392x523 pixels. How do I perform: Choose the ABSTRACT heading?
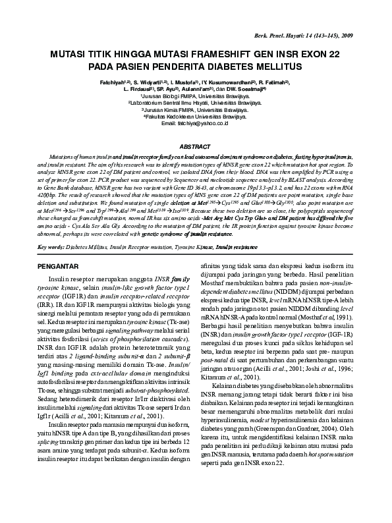pos(196,146)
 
